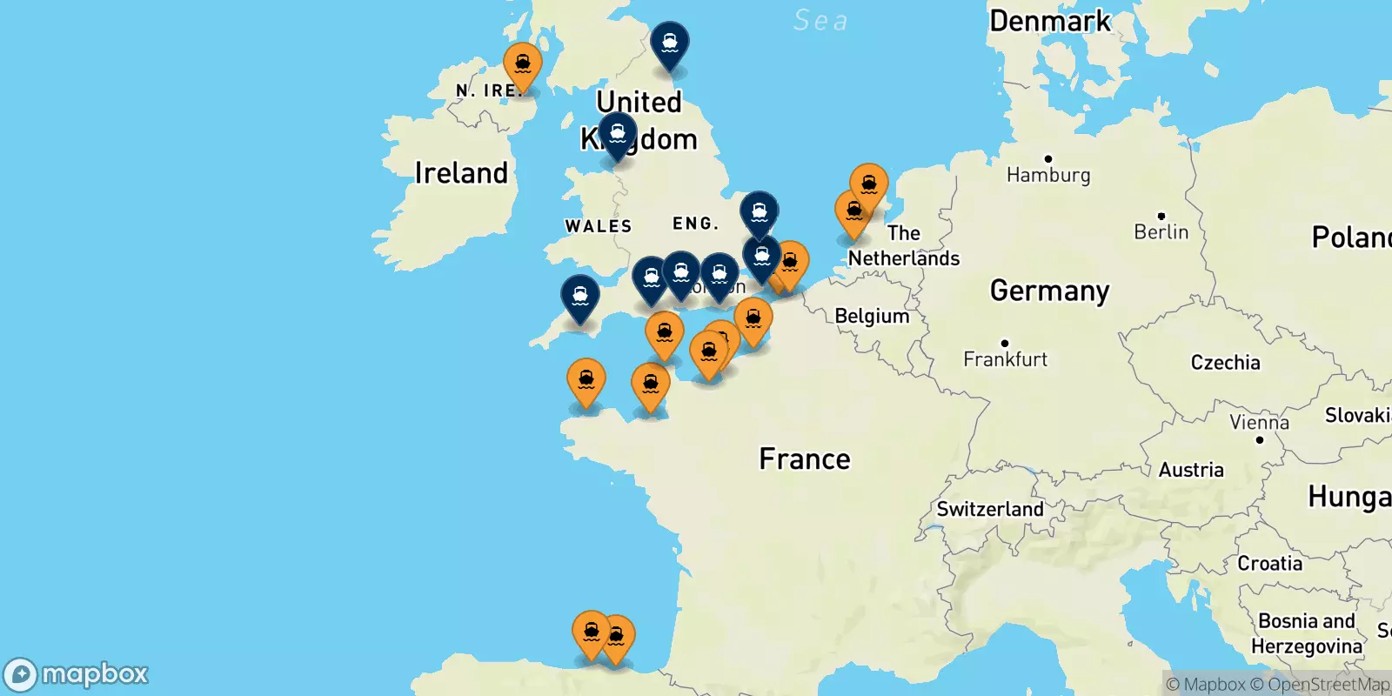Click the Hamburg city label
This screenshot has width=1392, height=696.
1047,174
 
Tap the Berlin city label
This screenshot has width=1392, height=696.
1161,231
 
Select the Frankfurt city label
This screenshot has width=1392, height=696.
1005,358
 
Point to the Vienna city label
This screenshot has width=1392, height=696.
1259,423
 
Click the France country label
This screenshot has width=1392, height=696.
805,458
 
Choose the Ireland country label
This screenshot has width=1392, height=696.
461,173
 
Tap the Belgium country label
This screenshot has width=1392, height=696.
872,316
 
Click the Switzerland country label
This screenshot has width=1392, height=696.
990,509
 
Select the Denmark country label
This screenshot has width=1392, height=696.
1050,21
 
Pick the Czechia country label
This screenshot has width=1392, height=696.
1225,362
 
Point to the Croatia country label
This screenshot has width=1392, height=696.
1269,563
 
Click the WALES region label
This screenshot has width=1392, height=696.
599,226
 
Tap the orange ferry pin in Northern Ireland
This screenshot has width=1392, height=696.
523,65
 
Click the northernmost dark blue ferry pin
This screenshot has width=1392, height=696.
670,44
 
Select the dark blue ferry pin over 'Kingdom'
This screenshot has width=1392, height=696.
618,136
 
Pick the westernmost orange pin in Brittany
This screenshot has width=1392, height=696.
586,381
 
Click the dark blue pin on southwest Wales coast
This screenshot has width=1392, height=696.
580,298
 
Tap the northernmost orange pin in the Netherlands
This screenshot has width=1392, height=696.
869,186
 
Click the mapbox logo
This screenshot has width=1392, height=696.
76,674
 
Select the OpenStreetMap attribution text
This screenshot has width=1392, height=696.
1328,685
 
